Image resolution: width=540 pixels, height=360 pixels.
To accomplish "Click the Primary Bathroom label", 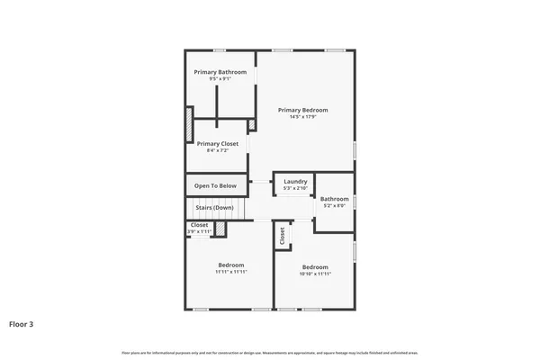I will pyautogui.click(x=219, y=72).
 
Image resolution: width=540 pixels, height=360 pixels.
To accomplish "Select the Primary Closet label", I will pyautogui.click(x=218, y=144).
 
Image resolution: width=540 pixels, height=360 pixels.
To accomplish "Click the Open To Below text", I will pyautogui.click(x=215, y=186).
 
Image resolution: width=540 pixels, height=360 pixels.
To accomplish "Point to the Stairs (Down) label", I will pyautogui.click(x=215, y=208).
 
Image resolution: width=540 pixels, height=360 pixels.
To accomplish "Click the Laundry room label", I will pyautogui.click(x=295, y=181).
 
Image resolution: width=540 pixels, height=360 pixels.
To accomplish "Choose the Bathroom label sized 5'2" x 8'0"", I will pyautogui.click(x=335, y=199).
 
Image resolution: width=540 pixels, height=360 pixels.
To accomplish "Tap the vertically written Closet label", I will pyautogui.click(x=283, y=236).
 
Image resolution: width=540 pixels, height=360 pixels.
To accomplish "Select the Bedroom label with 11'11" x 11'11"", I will pyautogui.click(x=231, y=265).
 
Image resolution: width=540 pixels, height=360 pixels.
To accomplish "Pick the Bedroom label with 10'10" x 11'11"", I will pyautogui.click(x=315, y=266).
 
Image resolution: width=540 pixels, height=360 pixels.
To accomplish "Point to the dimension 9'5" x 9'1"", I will pyautogui.click(x=219, y=79).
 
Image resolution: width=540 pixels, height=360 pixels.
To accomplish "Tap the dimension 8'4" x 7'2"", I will pyautogui.click(x=218, y=151).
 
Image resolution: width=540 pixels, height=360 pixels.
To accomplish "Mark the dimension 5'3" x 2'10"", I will pyautogui.click(x=295, y=188).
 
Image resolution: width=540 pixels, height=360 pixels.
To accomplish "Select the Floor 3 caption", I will pyautogui.click(x=23, y=323).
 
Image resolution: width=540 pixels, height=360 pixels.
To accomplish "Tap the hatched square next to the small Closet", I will pyautogui.click(x=219, y=229).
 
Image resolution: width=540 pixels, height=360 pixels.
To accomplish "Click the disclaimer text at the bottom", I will pyautogui.click(x=270, y=352).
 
